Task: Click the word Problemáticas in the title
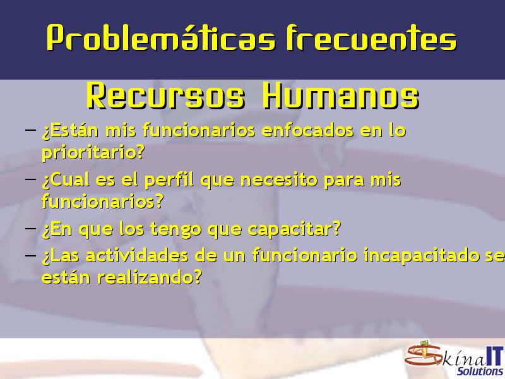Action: point(161,37)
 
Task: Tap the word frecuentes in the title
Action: point(371,38)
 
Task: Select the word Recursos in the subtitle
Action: point(165,96)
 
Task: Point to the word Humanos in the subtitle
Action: point(341,96)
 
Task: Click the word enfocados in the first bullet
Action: point(308,131)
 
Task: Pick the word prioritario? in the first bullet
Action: point(93,153)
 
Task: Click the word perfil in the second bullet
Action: point(169,180)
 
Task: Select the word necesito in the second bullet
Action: point(279,180)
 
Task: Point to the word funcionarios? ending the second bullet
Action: point(103,201)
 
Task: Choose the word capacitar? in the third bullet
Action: point(294,229)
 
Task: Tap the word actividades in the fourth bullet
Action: point(137,255)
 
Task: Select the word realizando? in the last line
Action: point(150,278)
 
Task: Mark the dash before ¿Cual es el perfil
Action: point(30,178)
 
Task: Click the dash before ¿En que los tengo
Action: point(30,228)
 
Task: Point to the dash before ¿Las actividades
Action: point(30,255)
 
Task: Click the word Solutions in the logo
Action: point(480,371)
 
